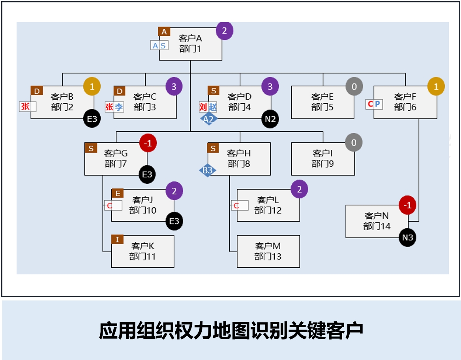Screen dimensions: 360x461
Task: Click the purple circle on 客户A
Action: coord(224,31)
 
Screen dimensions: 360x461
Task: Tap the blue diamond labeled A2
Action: coord(208,119)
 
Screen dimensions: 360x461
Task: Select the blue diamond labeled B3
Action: coord(208,170)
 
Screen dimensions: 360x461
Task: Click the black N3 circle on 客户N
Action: coord(407,238)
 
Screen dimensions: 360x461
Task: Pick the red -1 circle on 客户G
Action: coord(148,144)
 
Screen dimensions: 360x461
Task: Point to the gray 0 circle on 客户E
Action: coord(354,86)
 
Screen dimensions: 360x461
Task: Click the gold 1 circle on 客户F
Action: coord(436,86)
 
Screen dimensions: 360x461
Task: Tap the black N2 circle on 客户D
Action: coord(270,119)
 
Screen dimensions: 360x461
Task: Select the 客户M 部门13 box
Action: coord(268,251)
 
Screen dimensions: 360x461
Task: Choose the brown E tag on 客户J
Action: coord(117,193)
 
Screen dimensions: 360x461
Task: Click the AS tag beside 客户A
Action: coord(159,46)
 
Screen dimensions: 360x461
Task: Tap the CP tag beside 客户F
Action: coord(374,104)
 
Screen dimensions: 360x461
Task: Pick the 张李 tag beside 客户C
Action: coord(114,107)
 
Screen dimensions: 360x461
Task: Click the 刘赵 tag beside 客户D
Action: coord(208,107)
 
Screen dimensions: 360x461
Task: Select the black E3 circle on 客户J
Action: coord(174,221)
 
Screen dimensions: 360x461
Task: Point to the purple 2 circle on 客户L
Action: coord(299,190)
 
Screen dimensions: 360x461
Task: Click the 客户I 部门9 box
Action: coord(322,159)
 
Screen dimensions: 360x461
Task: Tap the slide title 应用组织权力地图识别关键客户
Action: coord(230,331)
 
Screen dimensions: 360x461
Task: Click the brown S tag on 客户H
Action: coord(213,148)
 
